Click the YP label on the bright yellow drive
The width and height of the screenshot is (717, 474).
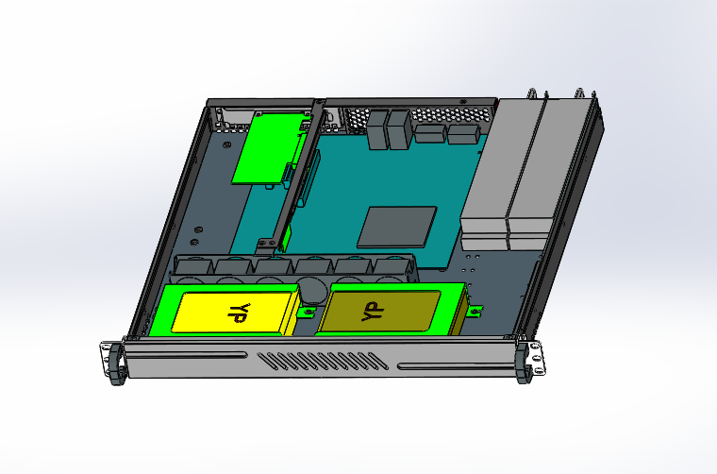click(x=237, y=313)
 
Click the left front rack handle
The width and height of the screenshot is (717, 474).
click(x=116, y=363)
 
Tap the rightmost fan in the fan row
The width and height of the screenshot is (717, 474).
click(x=396, y=266)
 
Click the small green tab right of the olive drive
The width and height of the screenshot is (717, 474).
click(x=474, y=309)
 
